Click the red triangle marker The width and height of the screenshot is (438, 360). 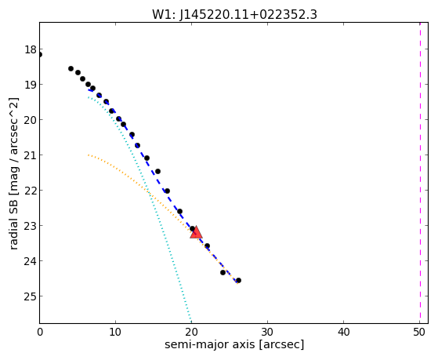point(196,232)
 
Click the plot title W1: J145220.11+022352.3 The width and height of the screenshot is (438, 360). point(234,15)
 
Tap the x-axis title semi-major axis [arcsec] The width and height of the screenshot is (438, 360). point(234,344)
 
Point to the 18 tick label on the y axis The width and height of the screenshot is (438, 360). point(31,49)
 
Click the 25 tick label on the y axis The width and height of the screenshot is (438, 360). point(31,296)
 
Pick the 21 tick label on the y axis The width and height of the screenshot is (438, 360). point(31,155)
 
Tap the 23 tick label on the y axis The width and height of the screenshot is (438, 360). point(31,225)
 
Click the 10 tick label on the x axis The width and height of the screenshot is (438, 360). point(115,332)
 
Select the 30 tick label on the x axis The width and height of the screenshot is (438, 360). point(267,332)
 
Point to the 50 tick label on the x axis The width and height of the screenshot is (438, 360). point(419,332)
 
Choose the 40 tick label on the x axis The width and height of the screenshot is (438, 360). point(343,332)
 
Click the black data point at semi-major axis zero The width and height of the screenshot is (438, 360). point(40,55)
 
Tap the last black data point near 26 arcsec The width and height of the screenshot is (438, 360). point(238,280)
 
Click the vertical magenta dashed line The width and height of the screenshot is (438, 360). point(420,173)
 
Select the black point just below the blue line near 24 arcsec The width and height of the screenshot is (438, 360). point(223,272)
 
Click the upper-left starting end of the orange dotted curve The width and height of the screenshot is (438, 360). point(89,155)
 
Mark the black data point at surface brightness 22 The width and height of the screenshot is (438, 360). point(167,191)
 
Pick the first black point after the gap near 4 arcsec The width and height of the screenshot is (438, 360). point(71,68)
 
